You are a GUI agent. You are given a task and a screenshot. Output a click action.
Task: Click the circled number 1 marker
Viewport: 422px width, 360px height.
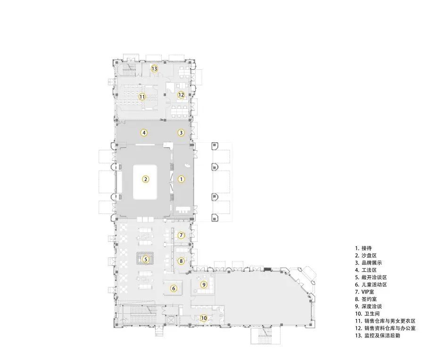click(181, 179)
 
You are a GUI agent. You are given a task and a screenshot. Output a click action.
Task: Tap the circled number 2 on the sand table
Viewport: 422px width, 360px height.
click(145, 179)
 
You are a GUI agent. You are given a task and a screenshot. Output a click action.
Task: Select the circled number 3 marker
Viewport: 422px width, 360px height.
click(181, 132)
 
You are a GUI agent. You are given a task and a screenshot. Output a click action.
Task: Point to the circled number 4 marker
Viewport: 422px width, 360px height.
click(144, 132)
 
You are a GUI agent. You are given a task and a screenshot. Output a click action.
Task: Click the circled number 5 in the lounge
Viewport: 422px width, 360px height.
click(146, 259)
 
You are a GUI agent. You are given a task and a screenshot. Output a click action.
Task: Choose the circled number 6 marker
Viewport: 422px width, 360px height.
click(174, 288)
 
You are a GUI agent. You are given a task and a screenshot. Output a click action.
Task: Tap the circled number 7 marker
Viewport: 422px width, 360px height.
click(181, 235)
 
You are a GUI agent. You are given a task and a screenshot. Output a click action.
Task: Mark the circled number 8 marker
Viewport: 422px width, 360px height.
click(181, 261)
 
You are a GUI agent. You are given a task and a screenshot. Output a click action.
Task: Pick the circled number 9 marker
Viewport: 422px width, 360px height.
click(204, 285)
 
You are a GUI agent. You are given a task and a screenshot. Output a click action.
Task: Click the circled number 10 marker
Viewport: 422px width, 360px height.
click(204, 318)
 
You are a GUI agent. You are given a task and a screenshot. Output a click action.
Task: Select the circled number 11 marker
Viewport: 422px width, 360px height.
click(142, 97)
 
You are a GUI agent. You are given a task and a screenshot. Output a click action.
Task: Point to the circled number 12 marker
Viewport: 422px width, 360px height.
click(181, 95)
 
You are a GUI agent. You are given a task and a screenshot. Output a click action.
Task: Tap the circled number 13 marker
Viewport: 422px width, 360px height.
click(154, 69)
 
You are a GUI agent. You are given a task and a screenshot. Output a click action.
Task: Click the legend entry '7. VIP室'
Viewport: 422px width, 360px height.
click(364, 292)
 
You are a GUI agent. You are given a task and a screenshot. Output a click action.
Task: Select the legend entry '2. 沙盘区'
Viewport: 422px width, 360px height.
click(366, 255)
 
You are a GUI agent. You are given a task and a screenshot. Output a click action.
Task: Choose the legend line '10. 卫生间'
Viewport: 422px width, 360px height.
click(367, 313)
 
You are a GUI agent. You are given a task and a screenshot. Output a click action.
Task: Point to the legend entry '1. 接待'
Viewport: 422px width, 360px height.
click(364, 248)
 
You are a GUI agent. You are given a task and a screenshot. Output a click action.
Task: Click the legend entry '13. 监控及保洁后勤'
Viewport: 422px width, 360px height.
click(377, 335)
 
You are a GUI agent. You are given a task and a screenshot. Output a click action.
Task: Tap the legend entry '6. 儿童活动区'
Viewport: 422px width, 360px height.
click(371, 285)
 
